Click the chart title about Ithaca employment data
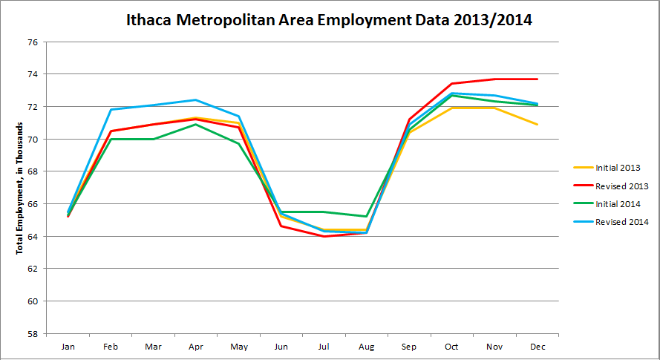pos(330,20)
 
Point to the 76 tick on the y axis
pos(32,42)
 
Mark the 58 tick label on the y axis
pos(32,334)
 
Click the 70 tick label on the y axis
pos(32,140)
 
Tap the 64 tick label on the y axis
pos(32,237)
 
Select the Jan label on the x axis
pos(68,347)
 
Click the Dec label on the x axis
pos(537,347)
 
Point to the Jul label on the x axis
pos(324,347)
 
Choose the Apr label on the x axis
pos(195,347)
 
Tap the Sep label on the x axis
pos(409,347)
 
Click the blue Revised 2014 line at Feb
pos(111,110)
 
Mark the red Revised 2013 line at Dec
pos(537,79)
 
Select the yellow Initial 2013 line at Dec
pos(537,124)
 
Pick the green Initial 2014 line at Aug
pos(366,217)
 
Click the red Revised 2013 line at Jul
pos(324,236)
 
